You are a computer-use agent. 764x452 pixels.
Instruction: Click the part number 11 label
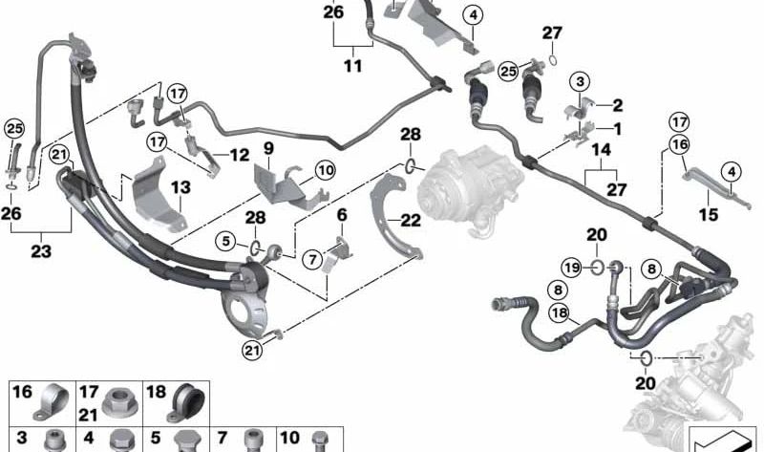click(x=353, y=65)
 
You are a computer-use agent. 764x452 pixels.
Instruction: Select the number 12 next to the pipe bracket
click(x=240, y=155)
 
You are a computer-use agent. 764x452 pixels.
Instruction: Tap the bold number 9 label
click(x=269, y=149)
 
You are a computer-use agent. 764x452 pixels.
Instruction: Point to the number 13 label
click(x=180, y=187)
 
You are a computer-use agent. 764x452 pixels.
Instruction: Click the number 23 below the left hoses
click(x=41, y=251)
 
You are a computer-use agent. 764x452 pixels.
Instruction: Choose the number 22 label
click(x=411, y=221)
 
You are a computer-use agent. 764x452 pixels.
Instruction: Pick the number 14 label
click(x=601, y=150)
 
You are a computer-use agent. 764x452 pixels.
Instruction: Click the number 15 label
click(x=709, y=214)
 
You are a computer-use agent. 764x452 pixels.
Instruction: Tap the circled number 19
click(x=571, y=268)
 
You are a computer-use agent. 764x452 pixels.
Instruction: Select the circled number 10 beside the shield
click(x=325, y=171)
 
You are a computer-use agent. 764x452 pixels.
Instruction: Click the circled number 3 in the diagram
click(x=580, y=81)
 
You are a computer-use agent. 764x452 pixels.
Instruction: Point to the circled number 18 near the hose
click(x=560, y=312)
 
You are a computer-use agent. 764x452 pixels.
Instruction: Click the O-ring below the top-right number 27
click(x=553, y=60)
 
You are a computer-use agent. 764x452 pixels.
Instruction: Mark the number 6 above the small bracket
click(x=342, y=215)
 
